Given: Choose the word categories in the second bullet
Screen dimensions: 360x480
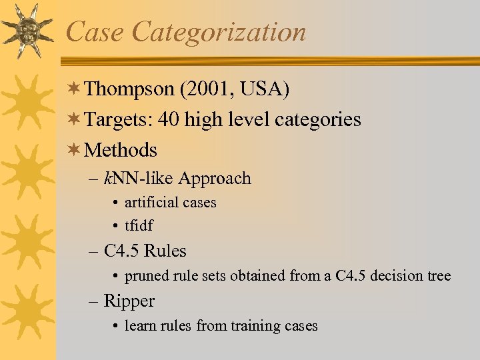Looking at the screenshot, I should tap(316, 121).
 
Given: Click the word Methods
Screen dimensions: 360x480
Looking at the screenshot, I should tap(121, 150).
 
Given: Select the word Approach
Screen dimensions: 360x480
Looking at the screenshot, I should tap(215, 179).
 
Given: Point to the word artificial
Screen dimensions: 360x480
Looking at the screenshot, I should tap(151, 203).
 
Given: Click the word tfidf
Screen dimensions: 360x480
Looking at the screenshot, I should tap(139, 225).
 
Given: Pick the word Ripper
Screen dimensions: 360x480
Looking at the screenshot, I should tap(129, 301).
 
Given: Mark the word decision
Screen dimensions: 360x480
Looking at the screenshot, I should tap(399, 276).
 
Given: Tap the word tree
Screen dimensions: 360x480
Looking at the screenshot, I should tap(439, 276).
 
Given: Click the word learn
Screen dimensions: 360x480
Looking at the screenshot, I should tap(139, 326).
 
